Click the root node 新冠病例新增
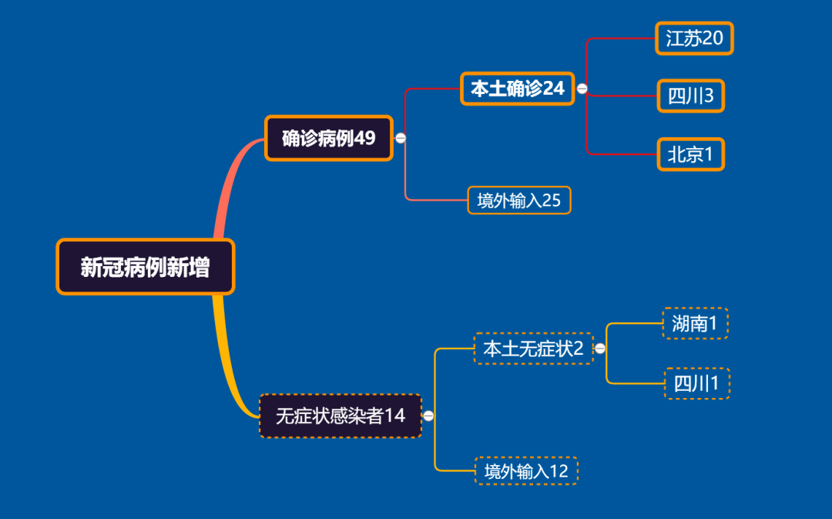[x=146, y=267]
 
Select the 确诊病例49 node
[x=329, y=138]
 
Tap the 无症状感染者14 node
[x=341, y=416]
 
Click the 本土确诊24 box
[x=518, y=89]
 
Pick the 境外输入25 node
[x=519, y=201]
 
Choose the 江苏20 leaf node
[x=694, y=39]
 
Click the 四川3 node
[x=690, y=96]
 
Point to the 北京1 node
[x=690, y=154]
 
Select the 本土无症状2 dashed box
[x=533, y=349]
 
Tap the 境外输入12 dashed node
[x=526, y=470]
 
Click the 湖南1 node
[x=695, y=323]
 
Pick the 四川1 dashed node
[x=696, y=383]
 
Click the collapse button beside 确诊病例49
[x=401, y=138]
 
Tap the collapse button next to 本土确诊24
[x=582, y=89]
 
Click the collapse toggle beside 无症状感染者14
[x=428, y=416]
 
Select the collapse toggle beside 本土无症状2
[x=600, y=349]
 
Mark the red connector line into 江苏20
[x=621, y=39]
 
